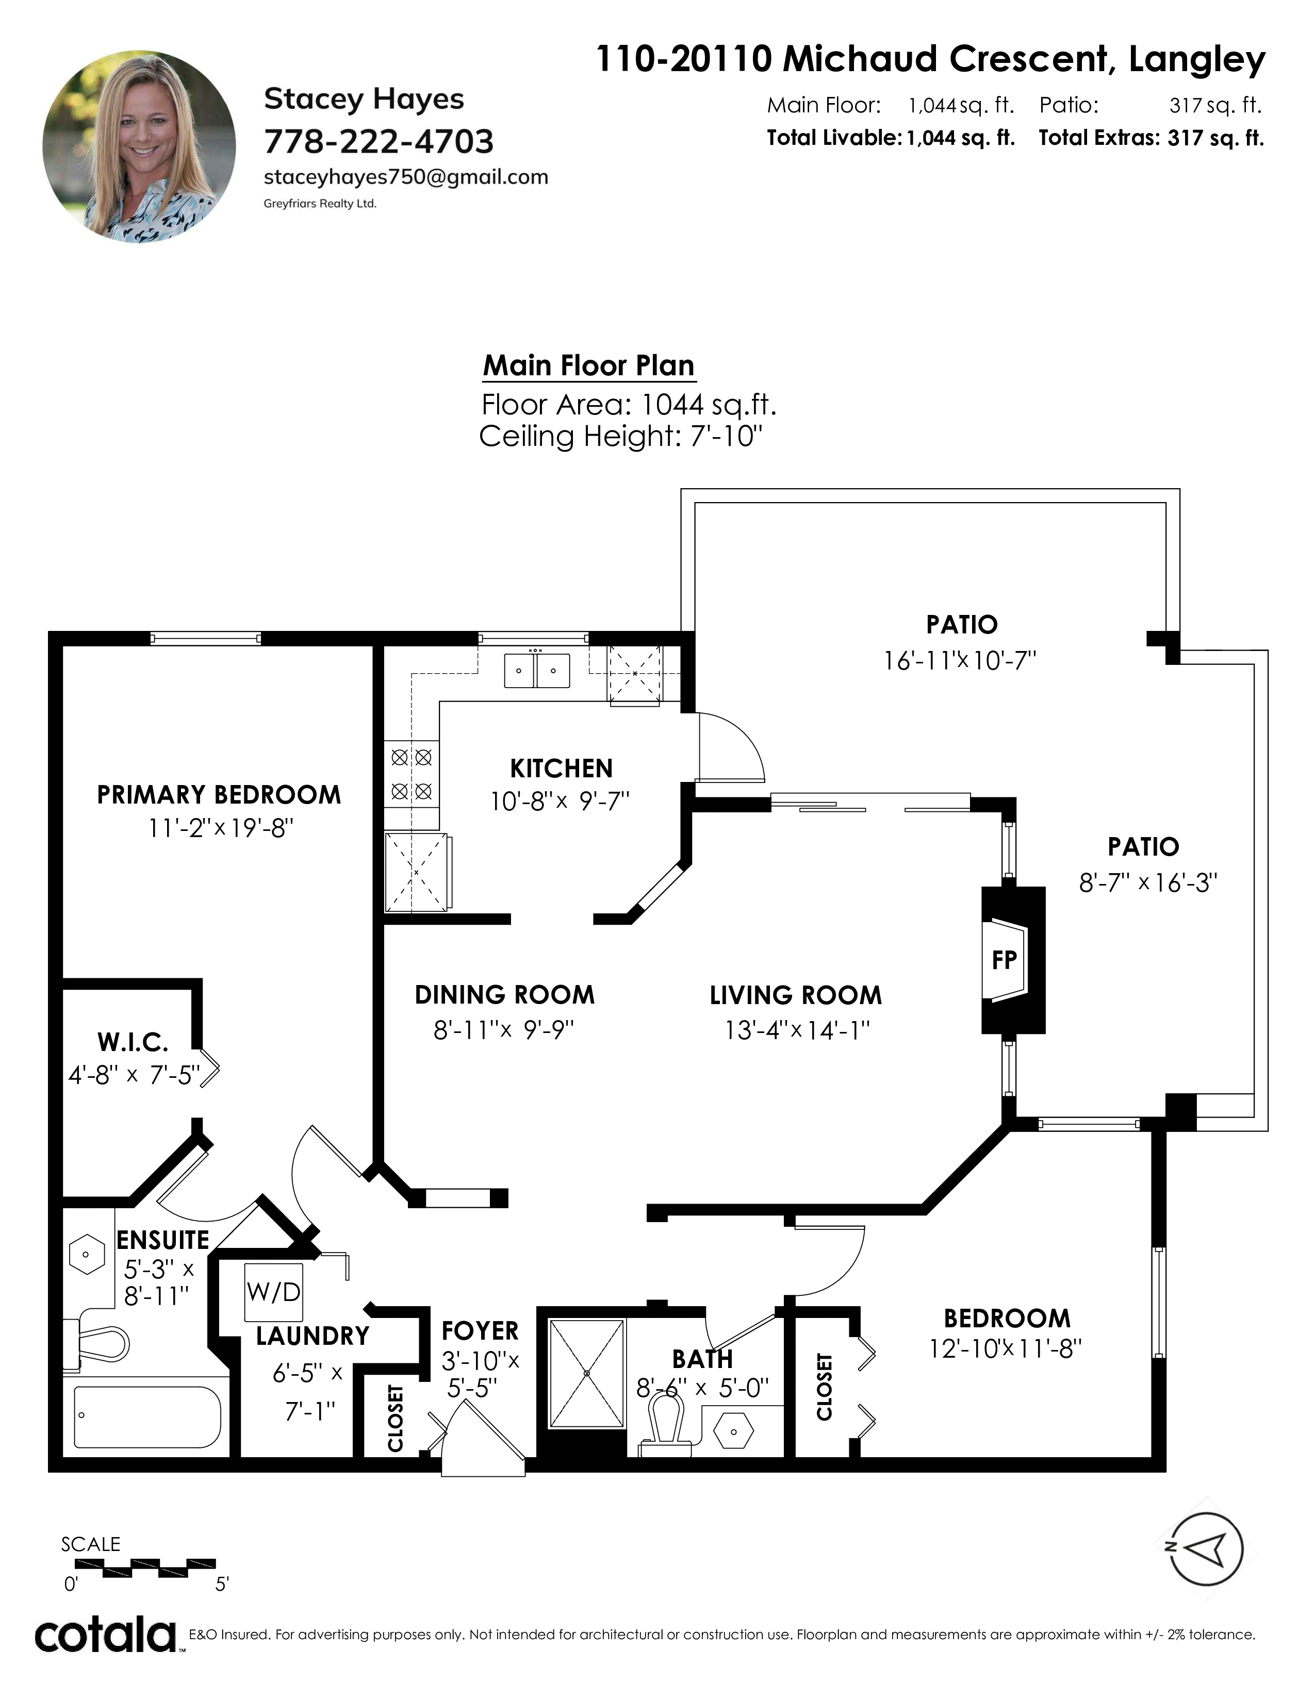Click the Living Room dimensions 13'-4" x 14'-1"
[x=796, y=1030]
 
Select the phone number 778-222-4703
[x=379, y=142]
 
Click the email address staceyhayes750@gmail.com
[x=406, y=178]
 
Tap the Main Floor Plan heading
[x=588, y=365]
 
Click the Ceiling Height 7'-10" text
[x=620, y=436]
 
